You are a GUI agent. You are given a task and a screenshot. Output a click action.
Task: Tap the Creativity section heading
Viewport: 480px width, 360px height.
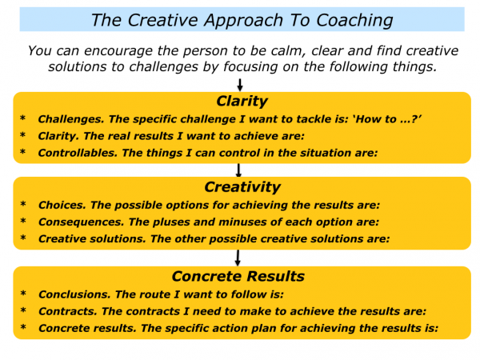coord(242,188)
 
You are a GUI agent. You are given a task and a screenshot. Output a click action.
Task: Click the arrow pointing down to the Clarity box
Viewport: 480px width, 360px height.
coord(240,83)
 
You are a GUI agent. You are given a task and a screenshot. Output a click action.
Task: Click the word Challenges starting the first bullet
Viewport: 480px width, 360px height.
coord(66,118)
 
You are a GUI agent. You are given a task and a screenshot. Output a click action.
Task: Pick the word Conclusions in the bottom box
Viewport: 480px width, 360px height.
coord(70,294)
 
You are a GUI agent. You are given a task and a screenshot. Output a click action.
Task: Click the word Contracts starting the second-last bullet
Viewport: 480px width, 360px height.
coord(63,311)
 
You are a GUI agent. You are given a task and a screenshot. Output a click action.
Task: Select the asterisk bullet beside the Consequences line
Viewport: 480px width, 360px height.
coord(23,222)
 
